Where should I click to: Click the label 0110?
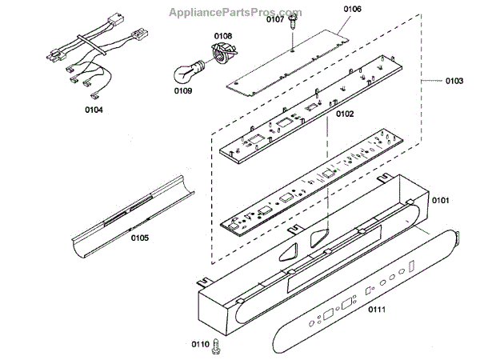(200, 346)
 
